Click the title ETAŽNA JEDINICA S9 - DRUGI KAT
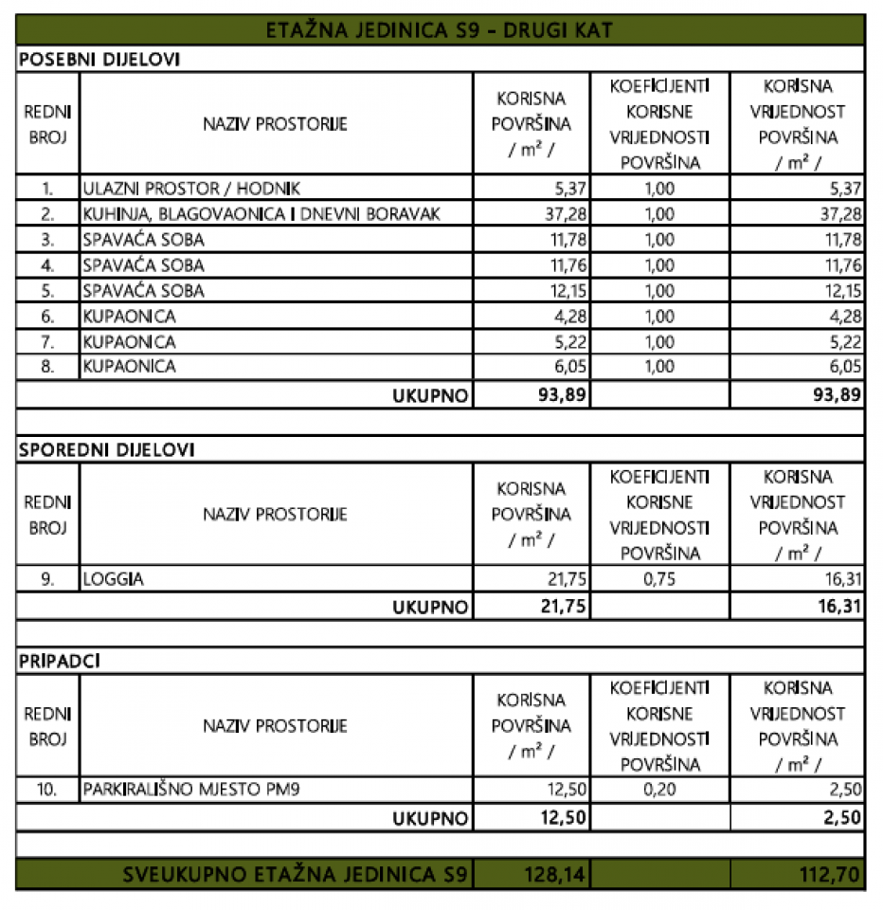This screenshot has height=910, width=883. (x=441, y=30)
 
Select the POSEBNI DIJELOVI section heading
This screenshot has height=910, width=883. (x=99, y=59)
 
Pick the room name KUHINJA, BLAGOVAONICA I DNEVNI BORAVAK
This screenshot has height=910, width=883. (x=261, y=214)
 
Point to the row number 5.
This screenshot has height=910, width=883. (x=47, y=291)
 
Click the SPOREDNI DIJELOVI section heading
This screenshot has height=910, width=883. (x=106, y=450)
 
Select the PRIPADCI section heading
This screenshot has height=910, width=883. (x=60, y=662)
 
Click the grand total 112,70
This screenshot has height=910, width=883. (x=830, y=874)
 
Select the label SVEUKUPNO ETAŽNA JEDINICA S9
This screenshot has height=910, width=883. (x=296, y=874)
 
